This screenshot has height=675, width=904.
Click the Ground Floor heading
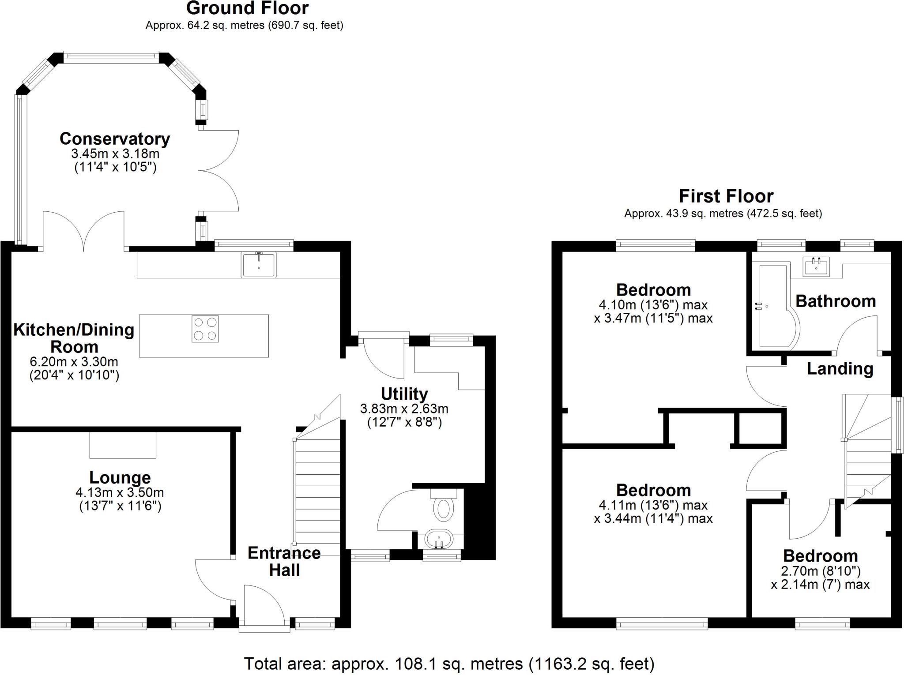click(x=247, y=8)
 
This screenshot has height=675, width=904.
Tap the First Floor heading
click(x=726, y=196)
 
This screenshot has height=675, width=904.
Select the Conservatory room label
click(x=115, y=139)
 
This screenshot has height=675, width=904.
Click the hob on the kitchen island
click(x=205, y=329)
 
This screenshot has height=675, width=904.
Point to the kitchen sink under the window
click(x=259, y=265)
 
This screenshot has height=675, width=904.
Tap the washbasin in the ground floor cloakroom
click(x=439, y=539)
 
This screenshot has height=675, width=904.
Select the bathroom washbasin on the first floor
click(x=816, y=266)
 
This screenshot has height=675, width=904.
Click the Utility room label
click(x=404, y=394)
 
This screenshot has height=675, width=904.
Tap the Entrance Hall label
click(x=284, y=561)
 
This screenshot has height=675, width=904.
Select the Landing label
click(x=840, y=368)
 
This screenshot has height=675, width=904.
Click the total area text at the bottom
click(x=449, y=663)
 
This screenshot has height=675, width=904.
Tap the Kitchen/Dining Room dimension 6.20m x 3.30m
click(x=74, y=362)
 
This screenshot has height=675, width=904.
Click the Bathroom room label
click(x=835, y=301)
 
